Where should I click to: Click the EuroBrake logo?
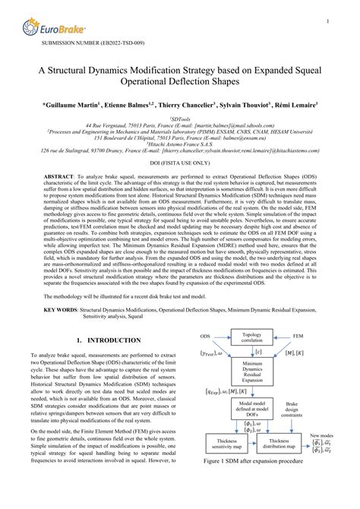click(55, 28)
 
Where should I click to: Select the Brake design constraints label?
click(302, 431)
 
